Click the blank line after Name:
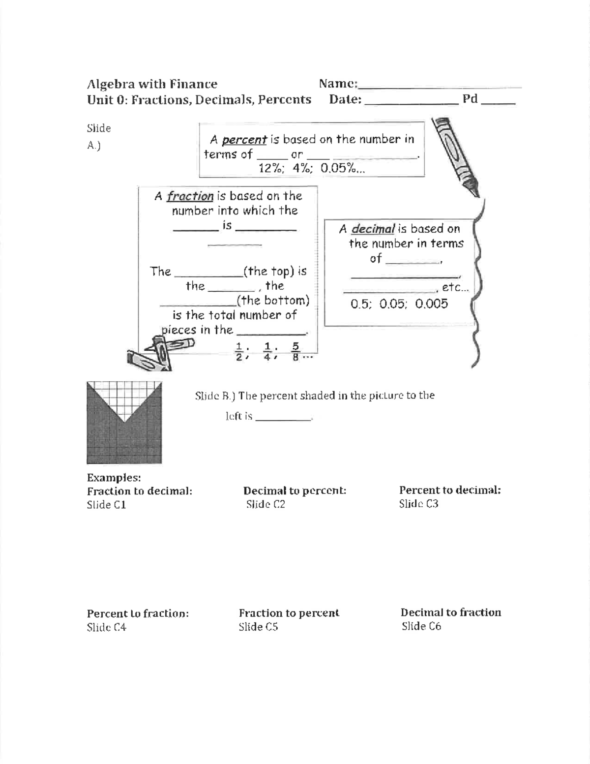coord(440,87)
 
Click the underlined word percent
coord(244,140)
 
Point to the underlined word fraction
coord(190,196)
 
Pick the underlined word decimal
coord(373,229)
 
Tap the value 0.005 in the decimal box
coord(431,304)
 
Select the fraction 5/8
coord(295,352)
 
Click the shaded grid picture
coord(124,423)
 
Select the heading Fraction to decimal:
coord(140,491)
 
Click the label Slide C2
coord(265,504)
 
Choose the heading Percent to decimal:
coord(450,490)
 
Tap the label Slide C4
coord(107,627)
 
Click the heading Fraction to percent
coord(289,613)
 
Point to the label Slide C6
coord(421,626)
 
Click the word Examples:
coord(114,478)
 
